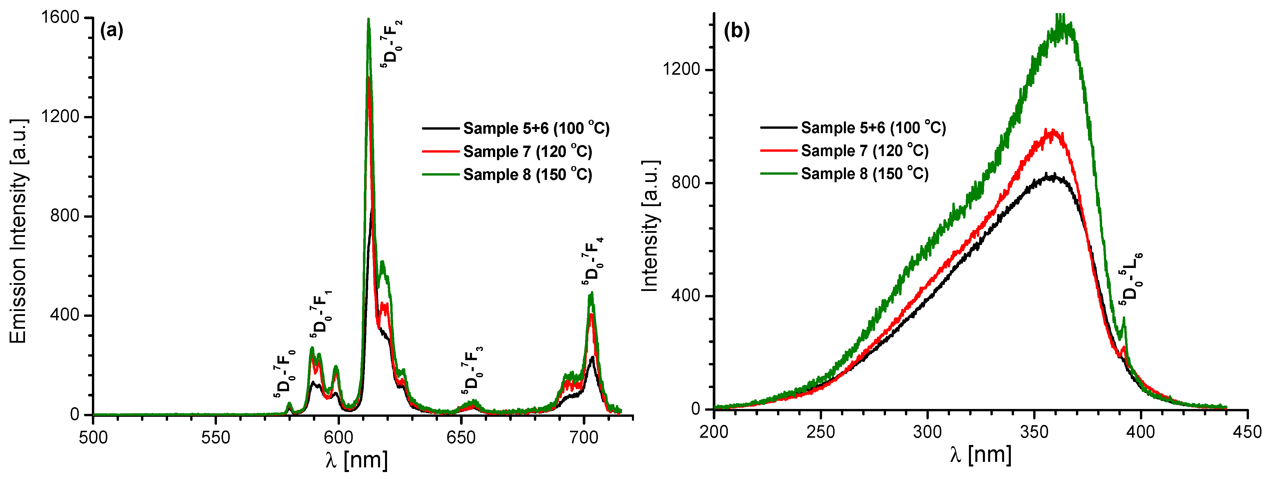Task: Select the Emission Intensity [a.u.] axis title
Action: [x=18, y=231]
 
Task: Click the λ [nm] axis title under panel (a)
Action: [x=356, y=460]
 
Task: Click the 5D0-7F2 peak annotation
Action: [x=392, y=44]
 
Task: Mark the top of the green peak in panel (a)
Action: [x=368, y=20]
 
